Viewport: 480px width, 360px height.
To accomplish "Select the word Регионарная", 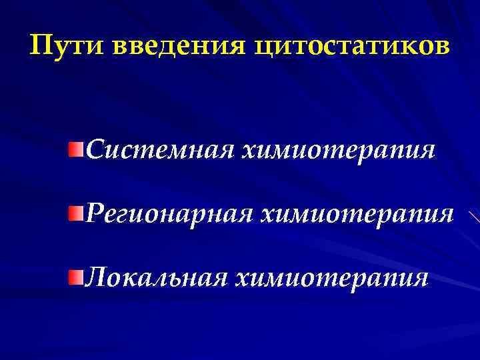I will [169, 215].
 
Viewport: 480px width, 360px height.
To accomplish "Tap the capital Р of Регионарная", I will [95, 215].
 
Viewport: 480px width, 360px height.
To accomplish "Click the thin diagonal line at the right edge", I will [474, 217].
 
